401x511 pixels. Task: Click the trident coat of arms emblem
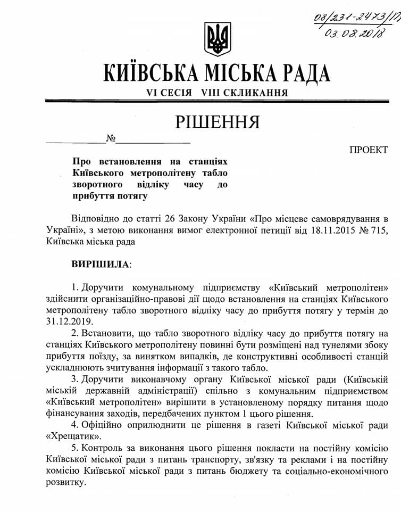(x=218, y=39)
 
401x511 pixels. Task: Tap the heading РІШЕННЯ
(x=218, y=121)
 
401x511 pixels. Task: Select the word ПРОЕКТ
(x=368, y=150)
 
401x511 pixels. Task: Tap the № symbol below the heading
(x=111, y=139)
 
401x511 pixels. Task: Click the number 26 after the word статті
(x=189, y=219)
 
